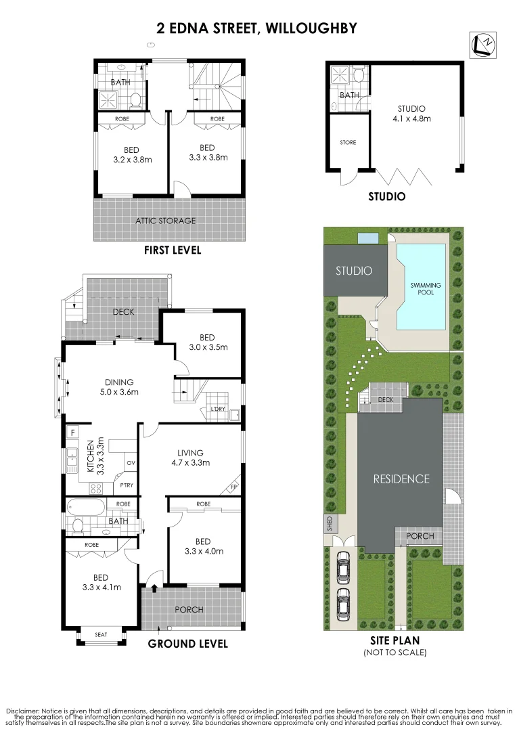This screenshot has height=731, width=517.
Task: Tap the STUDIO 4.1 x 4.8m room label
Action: (x=411, y=113)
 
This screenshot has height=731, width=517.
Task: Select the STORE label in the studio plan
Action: (x=348, y=142)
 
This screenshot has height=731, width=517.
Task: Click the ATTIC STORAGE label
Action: (x=166, y=221)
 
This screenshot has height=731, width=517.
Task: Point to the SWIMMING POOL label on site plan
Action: (x=426, y=289)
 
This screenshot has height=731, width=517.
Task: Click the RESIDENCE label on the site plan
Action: (x=401, y=479)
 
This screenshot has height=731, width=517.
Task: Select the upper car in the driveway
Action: (x=343, y=567)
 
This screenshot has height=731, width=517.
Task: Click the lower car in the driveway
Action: (x=343, y=602)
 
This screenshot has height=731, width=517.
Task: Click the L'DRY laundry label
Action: (x=217, y=409)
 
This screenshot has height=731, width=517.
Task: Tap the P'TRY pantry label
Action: (x=125, y=485)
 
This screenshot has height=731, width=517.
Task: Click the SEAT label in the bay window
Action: (x=102, y=634)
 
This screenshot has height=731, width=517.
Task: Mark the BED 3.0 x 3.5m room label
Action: (x=207, y=342)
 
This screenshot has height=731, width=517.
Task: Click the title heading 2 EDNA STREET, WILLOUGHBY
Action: (x=256, y=28)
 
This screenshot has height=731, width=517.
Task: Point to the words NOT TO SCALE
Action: (x=395, y=652)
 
